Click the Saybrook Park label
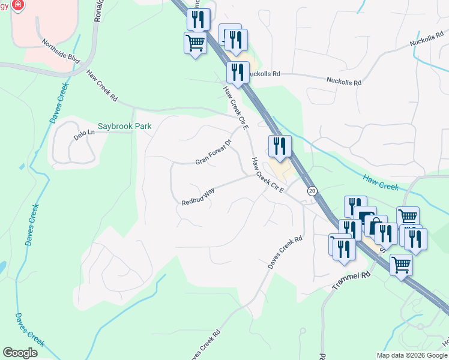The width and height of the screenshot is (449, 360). [124, 126]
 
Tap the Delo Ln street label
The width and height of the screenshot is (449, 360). [84, 134]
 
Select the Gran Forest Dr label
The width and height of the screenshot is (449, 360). [213, 154]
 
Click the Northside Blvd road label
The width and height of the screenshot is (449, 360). [61, 51]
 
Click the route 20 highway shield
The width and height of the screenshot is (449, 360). [312, 191]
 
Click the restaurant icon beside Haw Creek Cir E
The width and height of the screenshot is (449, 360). [279, 146]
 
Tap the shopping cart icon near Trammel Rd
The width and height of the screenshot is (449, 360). [400, 264]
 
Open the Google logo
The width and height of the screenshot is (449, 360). [20, 353]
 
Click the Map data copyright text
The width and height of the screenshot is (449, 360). [411, 355]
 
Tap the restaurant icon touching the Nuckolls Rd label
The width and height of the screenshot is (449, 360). [238, 73]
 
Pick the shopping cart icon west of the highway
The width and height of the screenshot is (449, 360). [195, 43]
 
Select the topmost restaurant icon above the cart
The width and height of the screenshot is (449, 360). [197, 19]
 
